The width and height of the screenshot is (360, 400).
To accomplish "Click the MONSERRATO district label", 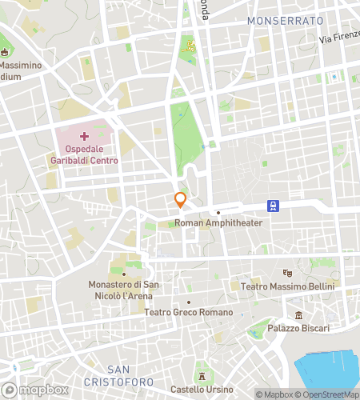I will [x=285, y=19].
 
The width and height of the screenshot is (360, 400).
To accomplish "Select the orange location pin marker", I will [x=181, y=199].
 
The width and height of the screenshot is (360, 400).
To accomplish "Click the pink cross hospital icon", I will [x=85, y=126].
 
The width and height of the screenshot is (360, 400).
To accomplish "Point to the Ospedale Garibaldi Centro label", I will [x=86, y=154].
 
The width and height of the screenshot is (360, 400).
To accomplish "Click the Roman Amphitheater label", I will [x=218, y=223].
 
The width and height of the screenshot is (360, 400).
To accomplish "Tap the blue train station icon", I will [x=274, y=206].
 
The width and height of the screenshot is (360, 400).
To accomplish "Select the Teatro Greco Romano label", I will [x=189, y=312].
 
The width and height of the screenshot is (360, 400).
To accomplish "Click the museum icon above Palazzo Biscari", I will [x=298, y=314].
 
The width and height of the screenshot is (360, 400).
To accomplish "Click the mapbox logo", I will [x=34, y=389].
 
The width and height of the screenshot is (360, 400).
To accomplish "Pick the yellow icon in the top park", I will [x=190, y=45].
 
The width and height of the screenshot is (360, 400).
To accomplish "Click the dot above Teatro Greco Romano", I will [x=189, y=302].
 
